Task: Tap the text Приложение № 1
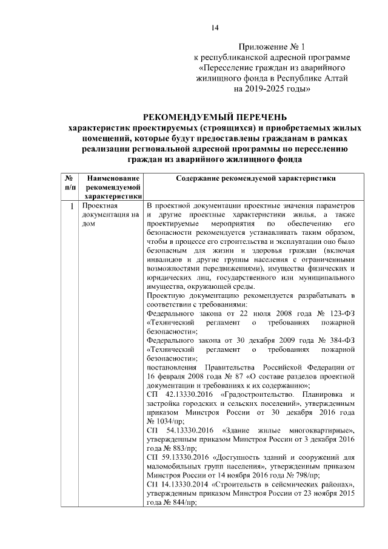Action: coord(270,46)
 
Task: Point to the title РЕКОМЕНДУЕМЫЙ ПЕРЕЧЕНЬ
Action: coord(215,117)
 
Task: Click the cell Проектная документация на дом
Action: coord(107,215)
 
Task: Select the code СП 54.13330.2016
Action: coord(180,432)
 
